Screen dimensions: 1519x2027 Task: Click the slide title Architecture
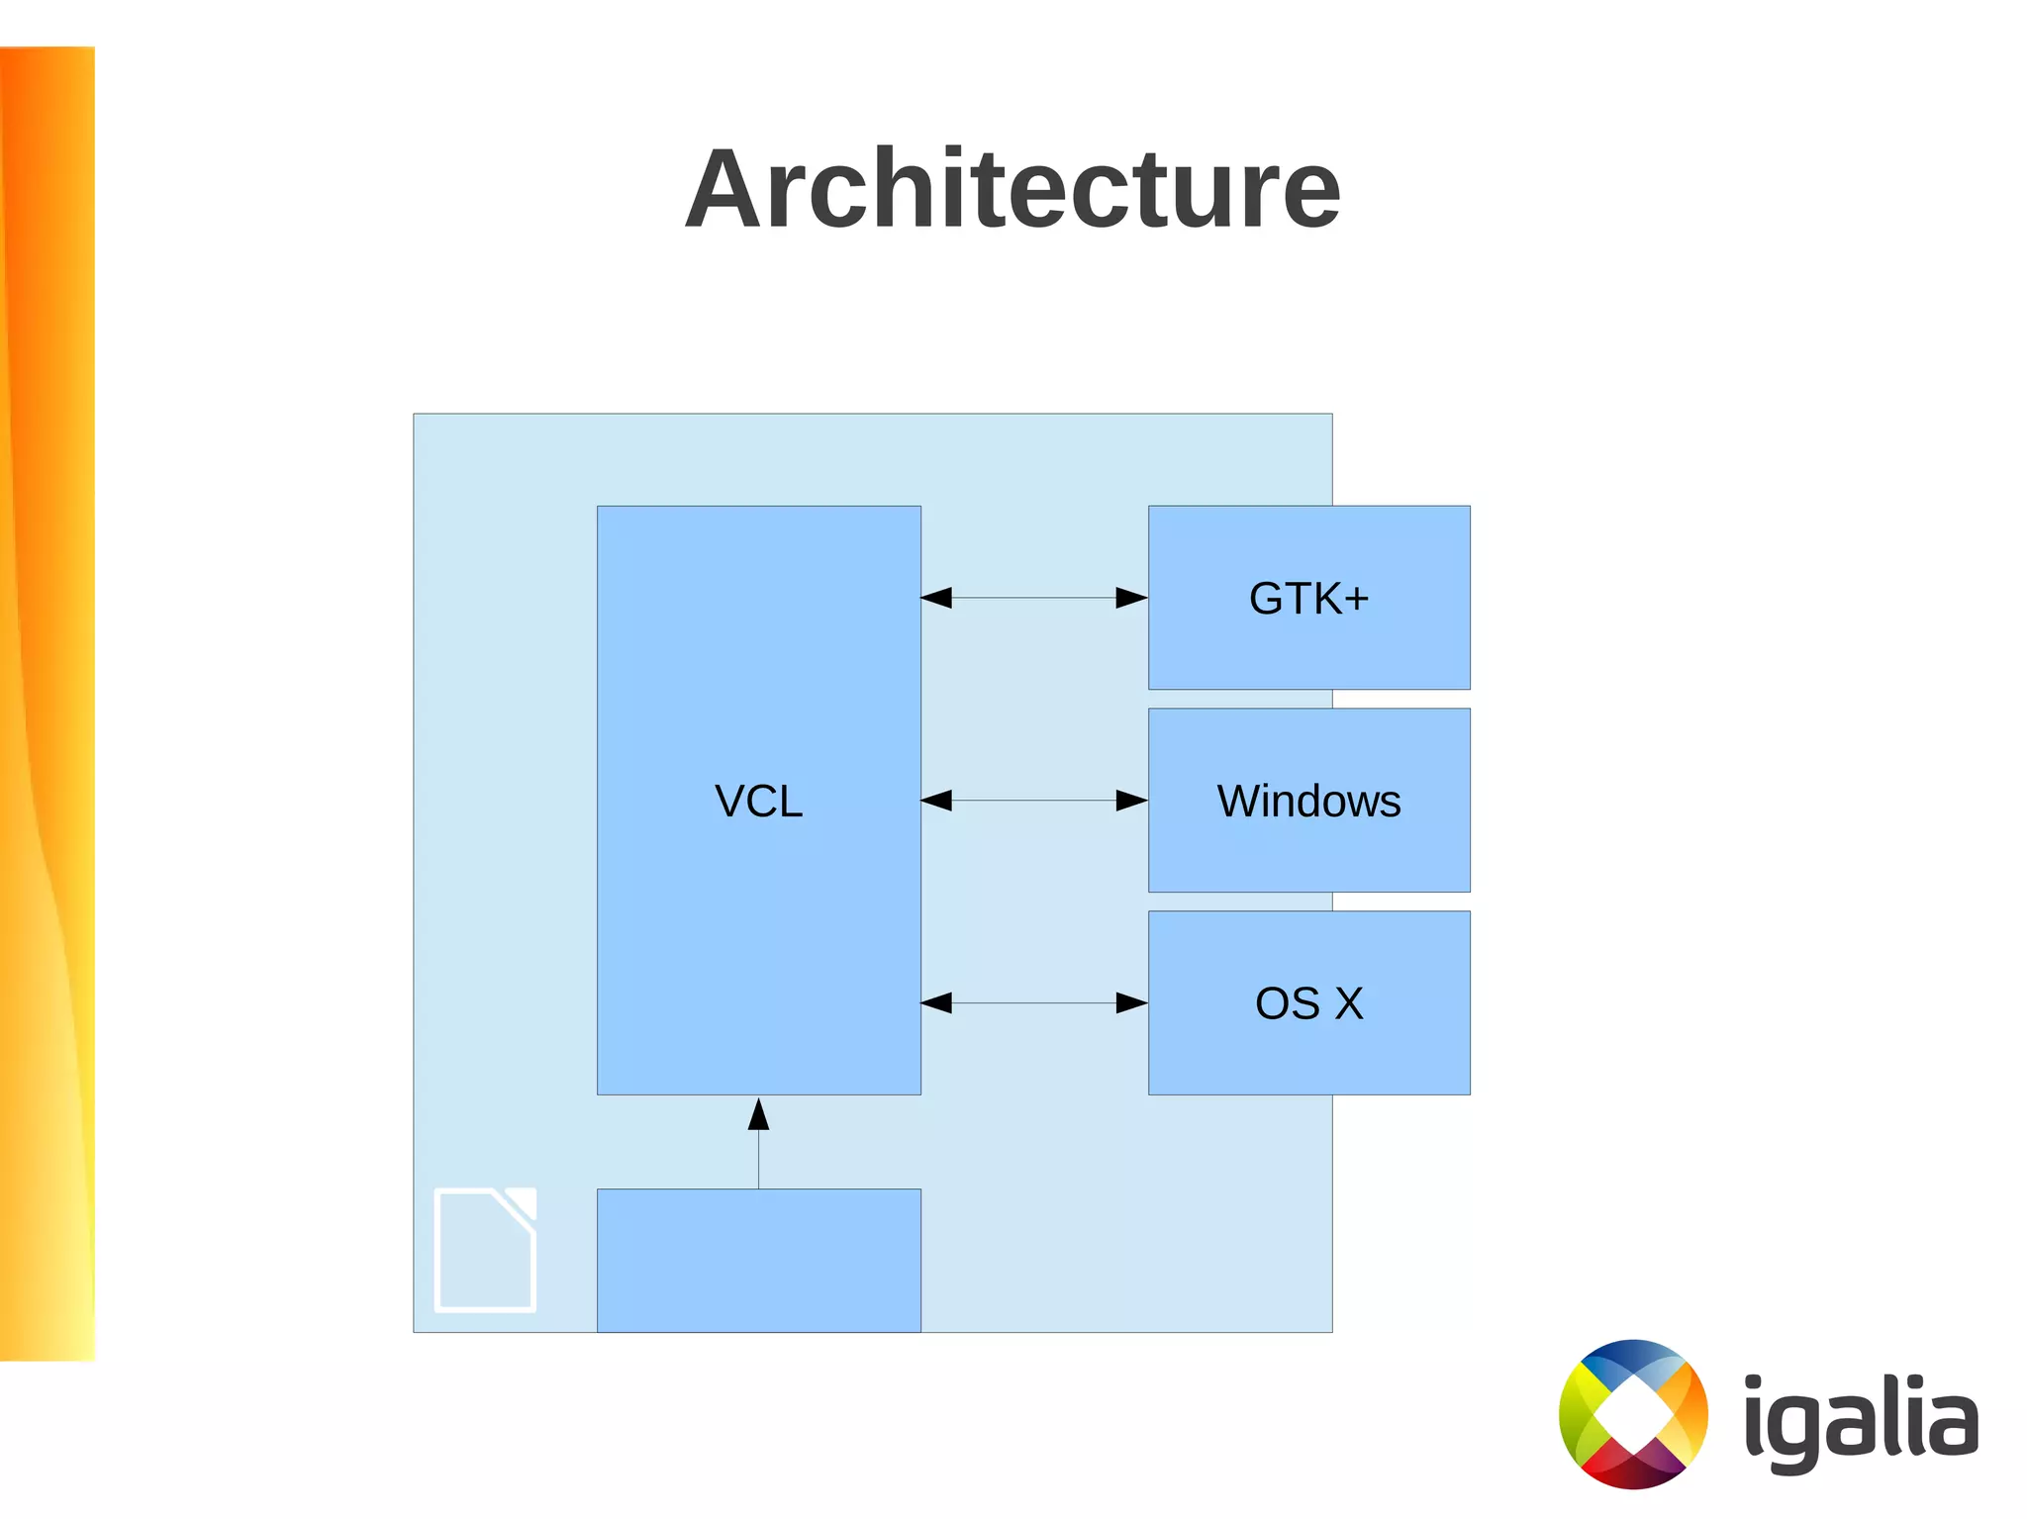tap(1013, 188)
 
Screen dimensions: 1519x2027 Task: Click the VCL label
tap(758, 801)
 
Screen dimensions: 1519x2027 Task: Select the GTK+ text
tap(1308, 598)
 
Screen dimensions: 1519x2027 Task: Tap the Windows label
tap(1308, 801)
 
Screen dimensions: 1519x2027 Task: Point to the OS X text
tap(1308, 1003)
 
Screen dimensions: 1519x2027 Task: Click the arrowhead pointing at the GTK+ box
tap(1132, 598)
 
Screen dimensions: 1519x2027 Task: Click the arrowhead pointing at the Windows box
tap(1132, 801)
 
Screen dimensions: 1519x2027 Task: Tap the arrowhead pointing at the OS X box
tap(1132, 1003)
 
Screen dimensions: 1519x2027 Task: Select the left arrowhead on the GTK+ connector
tap(936, 598)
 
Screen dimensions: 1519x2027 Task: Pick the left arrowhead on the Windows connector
tap(936, 801)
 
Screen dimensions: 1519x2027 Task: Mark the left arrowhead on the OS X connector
tap(936, 1003)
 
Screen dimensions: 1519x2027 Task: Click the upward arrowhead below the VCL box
tap(758, 1115)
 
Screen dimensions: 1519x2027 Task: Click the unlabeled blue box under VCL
tap(758, 1260)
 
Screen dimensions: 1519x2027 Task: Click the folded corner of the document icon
tap(520, 1204)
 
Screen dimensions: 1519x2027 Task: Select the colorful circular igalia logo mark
tap(1633, 1414)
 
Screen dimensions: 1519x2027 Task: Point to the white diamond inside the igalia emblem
tap(1632, 1415)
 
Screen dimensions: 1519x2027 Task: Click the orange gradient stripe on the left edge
tap(47, 693)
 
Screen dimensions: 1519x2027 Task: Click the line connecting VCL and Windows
tap(1034, 801)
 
